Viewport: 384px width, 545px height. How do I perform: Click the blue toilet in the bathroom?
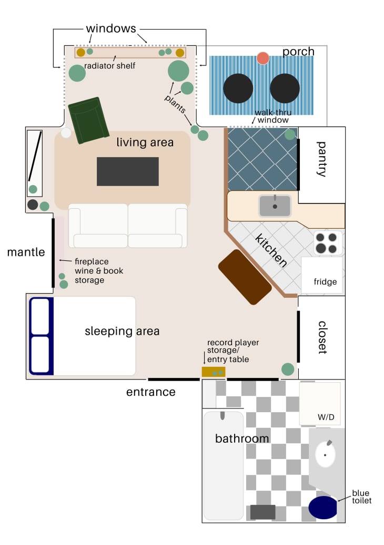click(x=322, y=507)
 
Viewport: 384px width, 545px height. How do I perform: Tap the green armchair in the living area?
click(x=88, y=120)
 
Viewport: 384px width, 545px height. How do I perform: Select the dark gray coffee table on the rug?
click(x=128, y=171)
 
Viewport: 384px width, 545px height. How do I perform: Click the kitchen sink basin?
click(x=275, y=206)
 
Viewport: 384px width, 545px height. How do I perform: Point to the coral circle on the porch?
click(x=263, y=58)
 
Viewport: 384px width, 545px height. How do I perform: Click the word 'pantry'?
click(x=322, y=159)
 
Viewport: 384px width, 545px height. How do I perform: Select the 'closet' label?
click(x=322, y=337)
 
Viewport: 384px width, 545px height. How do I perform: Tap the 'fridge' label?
click(x=325, y=282)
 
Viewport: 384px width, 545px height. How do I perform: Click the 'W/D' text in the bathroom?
click(x=326, y=417)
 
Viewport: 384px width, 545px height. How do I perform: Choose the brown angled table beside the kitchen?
click(x=245, y=277)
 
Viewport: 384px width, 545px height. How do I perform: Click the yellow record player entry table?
click(x=214, y=372)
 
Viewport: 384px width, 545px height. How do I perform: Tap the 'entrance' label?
click(x=150, y=392)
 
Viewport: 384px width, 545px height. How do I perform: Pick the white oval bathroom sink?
click(x=325, y=454)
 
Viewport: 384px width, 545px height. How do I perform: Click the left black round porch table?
click(x=238, y=89)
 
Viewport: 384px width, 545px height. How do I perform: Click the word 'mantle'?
click(x=26, y=252)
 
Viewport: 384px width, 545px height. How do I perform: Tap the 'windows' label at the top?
click(x=111, y=28)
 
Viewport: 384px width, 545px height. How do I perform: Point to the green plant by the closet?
click(x=288, y=369)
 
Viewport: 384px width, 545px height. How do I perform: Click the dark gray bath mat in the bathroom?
click(x=262, y=512)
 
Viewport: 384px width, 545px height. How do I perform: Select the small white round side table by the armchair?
click(x=66, y=133)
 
